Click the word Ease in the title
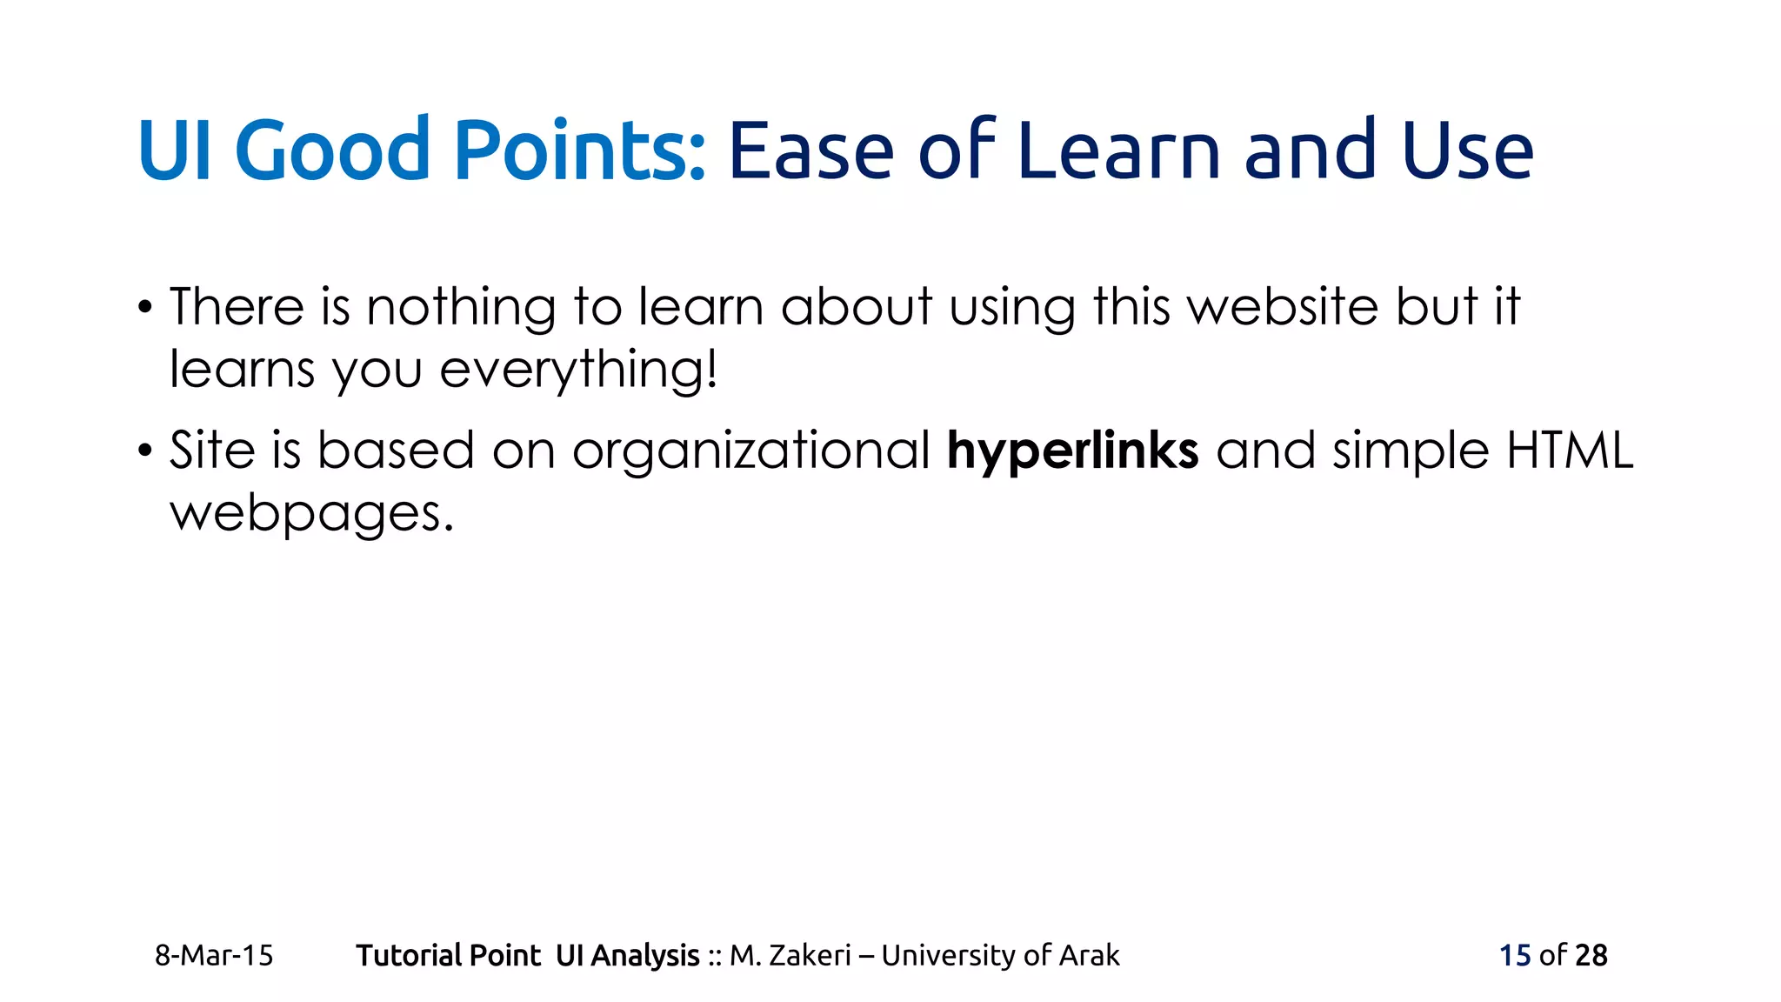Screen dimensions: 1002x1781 pyautogui.click(x=810, y=151)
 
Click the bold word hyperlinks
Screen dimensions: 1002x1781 pyautogui.click(x=1072, y=451)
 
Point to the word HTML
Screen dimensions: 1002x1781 pyautogui.click(x=1570, y=451)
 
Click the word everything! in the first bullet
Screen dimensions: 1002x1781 pyautogui.click(x=578, y=370)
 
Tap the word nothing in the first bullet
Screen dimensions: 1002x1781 pyautogui.click(x=461, y=307)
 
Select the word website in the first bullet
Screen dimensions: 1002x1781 pyautogui.click(x=1283, y=307)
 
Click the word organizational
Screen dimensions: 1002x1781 pyautogui.click(x=751, y=451)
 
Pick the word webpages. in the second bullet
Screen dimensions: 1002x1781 pyautogui.click(x=311, y=513)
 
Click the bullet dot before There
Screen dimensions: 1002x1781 pyautogui.click(x=145, y=308)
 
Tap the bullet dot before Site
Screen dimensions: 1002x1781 pyautogui.click(x=145, y=451)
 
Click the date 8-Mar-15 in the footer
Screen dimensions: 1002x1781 pyautogui.click(x=214, y=955)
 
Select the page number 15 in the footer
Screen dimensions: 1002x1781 pyautogui.click(x=1514, y=955)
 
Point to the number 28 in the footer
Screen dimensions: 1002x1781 pyautogui.click(x=1591, y=955)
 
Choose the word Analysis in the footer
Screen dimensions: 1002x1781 pyautogui.click(x=644, y=955)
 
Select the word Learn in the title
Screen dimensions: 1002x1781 pyautogui.click(x=1120, y=151)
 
